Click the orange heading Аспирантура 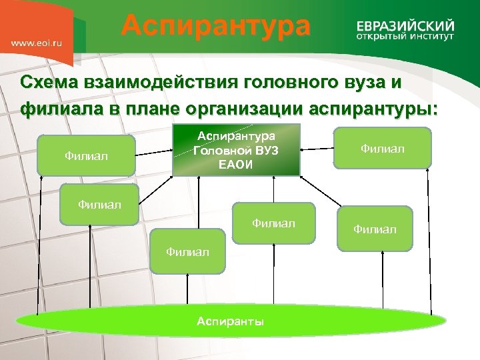pos(215,27)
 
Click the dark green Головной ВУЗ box pos(236,150)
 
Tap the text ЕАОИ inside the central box pos(236,165)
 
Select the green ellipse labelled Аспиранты pos(230,321)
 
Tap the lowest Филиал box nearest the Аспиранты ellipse pos(187,251)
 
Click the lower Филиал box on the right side pos(375,229)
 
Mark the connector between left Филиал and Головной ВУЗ pos(153,156)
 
